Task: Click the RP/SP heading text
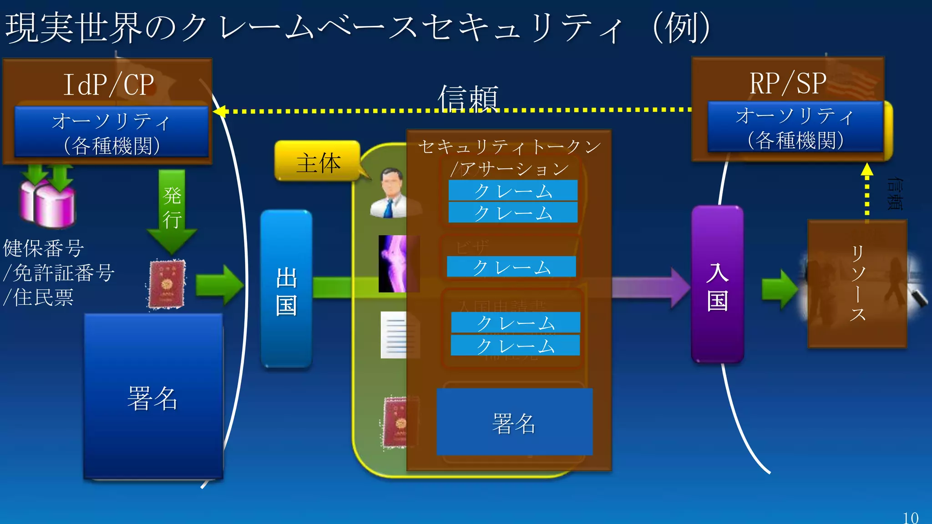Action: (788, 83)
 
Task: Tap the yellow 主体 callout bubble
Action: (317, 162)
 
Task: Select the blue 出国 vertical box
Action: (286, 289)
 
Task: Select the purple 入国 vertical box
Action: (717, 284)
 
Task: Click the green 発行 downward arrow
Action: (172, 209)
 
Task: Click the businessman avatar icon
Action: (390, 193)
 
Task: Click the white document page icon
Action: (394, 335)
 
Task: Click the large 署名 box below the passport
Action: (153, 397)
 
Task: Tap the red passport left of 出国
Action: (167, 285)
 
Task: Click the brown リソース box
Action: (857, 284)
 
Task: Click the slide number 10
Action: (910, 517)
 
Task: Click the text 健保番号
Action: (44, 248)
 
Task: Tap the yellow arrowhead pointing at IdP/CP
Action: (220, 111)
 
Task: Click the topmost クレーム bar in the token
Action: (513, 191)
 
